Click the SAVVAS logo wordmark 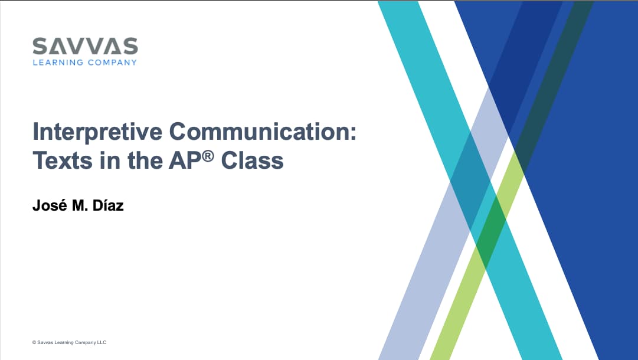click(85, 46)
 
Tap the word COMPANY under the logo click(112, 62)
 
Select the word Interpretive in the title click(97, 132)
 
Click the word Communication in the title click(259, 131)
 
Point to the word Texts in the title click(63, 161)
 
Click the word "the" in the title click(145, 161)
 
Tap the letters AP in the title click(185, 161)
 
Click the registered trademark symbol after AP click(208, 156)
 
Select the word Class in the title click(252, 161)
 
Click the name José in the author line click(50, 205)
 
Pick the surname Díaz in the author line click(108, 205)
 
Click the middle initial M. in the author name click(80, 206)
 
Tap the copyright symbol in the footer click(34, 342)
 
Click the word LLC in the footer click(102, 342)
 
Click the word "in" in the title click(110, 161)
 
